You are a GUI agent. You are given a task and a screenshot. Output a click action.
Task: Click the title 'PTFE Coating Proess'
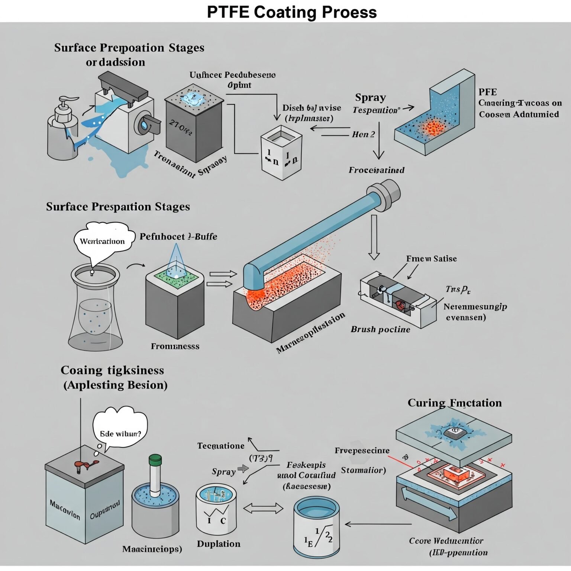click(291, 12)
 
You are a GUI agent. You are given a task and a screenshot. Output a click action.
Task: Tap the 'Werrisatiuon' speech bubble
click(102, 241)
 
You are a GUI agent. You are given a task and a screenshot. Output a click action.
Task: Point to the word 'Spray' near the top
click(370, 97)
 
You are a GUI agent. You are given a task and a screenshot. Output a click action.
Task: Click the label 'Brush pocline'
click(380, 329)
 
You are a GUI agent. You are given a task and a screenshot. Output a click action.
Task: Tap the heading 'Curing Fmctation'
click(454, 403)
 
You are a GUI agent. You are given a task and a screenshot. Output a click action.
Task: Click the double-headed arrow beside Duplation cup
click(263, 508)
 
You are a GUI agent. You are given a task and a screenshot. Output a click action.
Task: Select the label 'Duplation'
click(219, 544)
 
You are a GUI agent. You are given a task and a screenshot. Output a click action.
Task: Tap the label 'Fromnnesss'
click(175, 346)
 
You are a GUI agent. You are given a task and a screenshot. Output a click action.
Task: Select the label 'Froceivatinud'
click(376, 170)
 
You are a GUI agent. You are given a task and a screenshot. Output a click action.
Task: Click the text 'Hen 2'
click(363, 134)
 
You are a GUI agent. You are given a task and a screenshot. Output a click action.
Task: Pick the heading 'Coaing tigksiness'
click(112, 370)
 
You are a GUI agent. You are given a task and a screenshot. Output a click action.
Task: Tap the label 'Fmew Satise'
click(431, 259)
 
